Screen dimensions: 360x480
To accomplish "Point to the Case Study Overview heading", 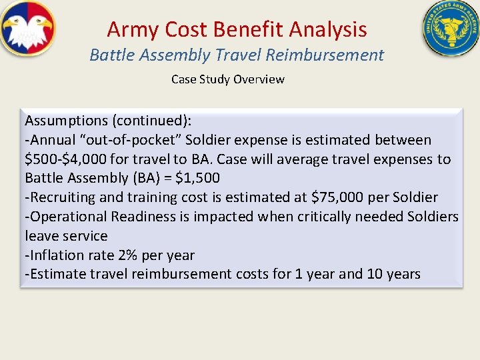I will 227,79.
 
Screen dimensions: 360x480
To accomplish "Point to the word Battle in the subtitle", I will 110,55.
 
